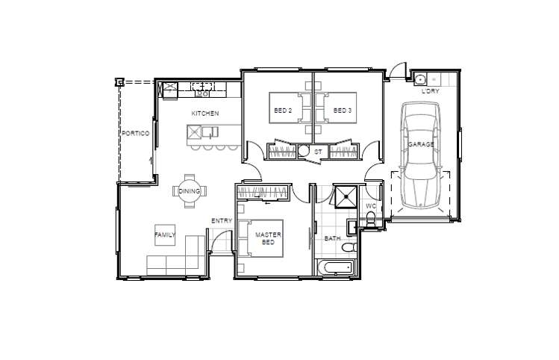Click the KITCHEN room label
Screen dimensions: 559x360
(205, 114)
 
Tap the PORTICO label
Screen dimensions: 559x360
(136, 134)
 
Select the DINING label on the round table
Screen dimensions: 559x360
(190, 191)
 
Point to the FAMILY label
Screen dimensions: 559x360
(165, 235)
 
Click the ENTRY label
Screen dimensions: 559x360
(222, 221)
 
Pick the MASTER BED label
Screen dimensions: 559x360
(268, 238)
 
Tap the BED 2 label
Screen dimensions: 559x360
(283, 111)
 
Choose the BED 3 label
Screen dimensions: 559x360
(343, 111)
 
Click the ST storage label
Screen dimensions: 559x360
(318, 152)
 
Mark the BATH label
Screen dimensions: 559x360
(332, 238)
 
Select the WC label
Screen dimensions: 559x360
(371, 206)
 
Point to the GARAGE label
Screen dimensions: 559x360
(421, 144)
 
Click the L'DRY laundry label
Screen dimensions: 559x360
(431, 91)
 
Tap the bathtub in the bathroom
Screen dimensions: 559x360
(336, 267)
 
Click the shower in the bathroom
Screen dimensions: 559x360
(345, 196)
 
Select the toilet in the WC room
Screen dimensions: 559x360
(371, 219)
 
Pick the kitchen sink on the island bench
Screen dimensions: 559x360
(210, 132)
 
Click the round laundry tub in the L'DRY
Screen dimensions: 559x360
(421, 78)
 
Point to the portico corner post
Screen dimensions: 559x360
(119, 82)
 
